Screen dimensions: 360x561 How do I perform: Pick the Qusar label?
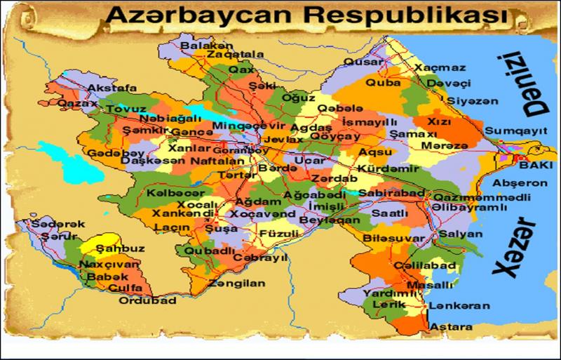click(363, 61)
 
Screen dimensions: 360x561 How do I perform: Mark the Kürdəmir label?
click(382, 170)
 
